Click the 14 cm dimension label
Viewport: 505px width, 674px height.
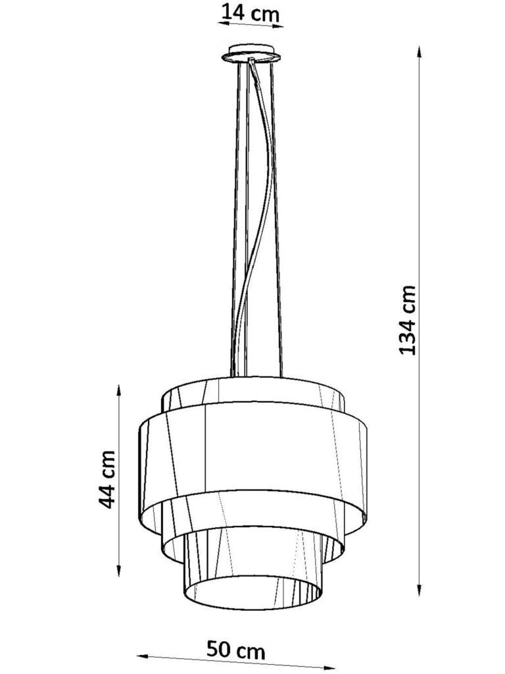pos(250,13)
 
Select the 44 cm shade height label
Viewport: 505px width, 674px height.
pos(106,479)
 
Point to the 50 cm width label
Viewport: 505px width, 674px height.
pos(236,650)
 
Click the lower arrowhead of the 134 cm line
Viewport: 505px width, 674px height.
pos(419,587)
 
